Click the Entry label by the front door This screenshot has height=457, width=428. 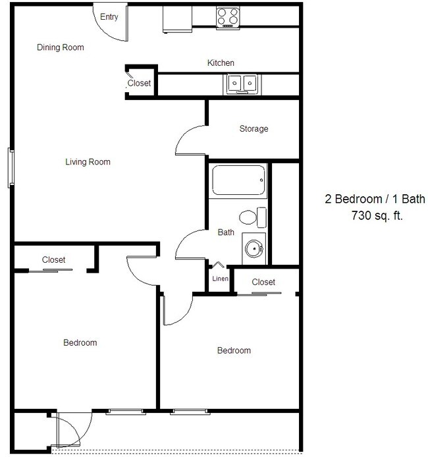click(x=109, y=17)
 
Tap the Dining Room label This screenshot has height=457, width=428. click(x=61, y=47)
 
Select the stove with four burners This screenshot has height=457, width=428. click(x=228, y=16)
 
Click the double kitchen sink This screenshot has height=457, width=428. click(x=243, y=83)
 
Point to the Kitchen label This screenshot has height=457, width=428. click(x=221, y=63)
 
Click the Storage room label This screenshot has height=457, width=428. click(x=254, y=129)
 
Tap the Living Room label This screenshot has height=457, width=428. click(x=88, y=162)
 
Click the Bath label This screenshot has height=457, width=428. click(x=226, y=232)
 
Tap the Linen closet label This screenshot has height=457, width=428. click(x=220, y=279)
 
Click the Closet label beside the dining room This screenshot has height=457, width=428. click(x=139, y=84)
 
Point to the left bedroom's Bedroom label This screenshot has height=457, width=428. click(x=80, y=342)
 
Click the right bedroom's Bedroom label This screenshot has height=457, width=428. click(x=234, y=350)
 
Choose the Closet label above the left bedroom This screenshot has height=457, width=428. click(x=53, y=260)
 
